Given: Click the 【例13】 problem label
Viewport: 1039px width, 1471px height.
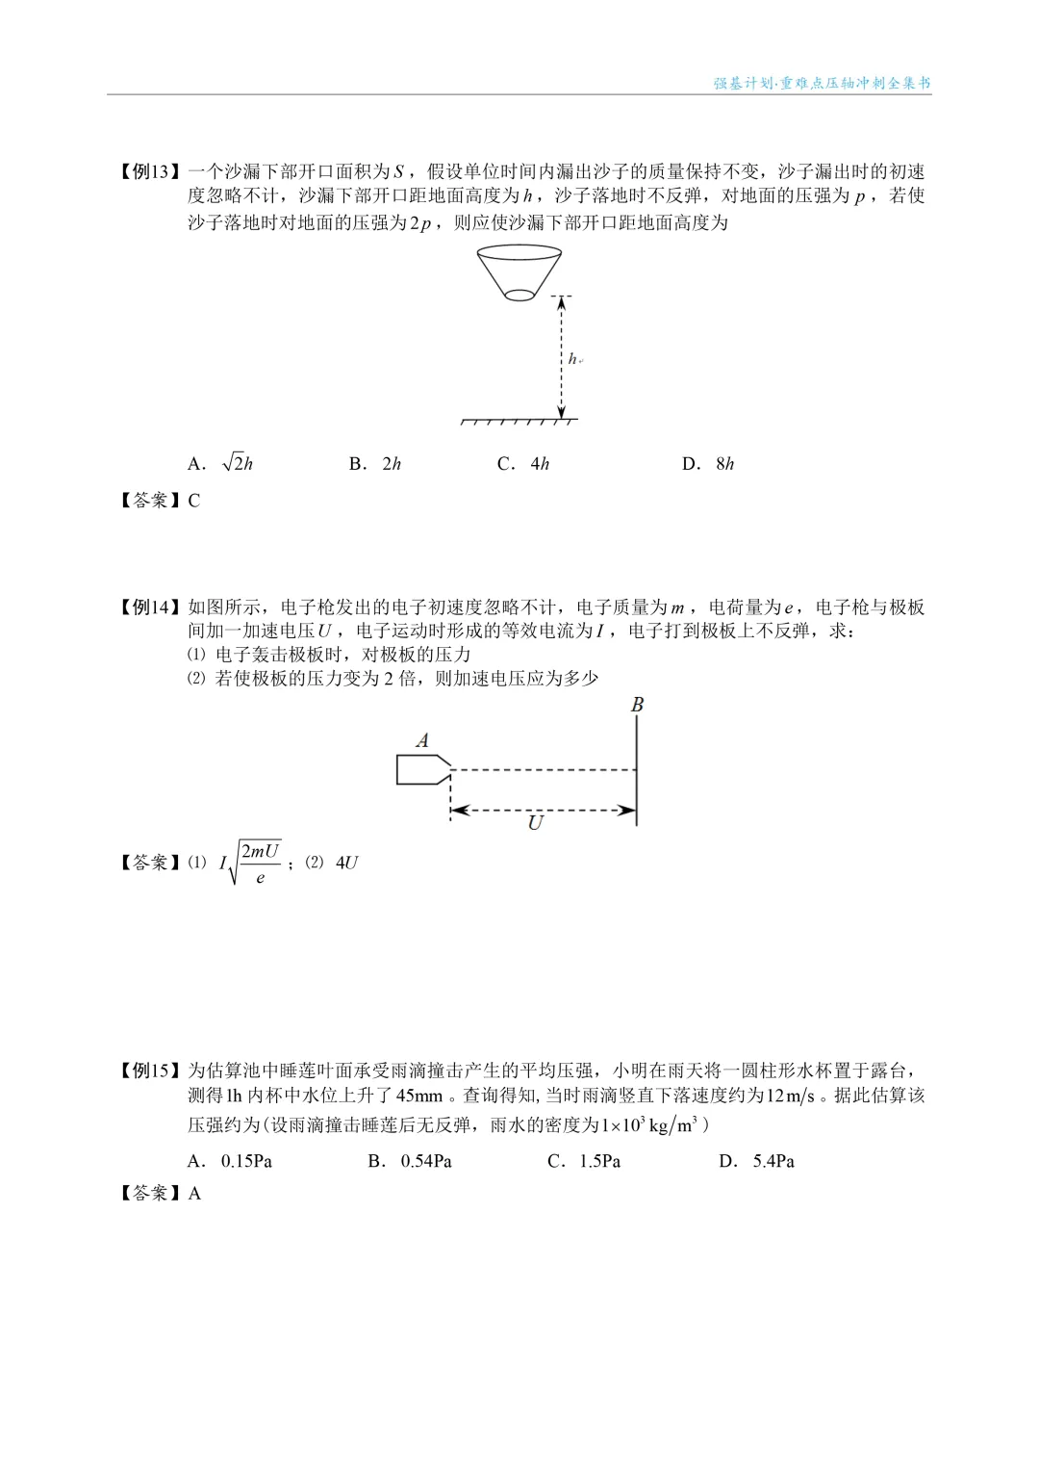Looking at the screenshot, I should (149, 172).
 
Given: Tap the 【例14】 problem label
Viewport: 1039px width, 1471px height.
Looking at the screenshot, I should (149, 607).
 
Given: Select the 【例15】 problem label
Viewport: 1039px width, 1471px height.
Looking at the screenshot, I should (149, 1071).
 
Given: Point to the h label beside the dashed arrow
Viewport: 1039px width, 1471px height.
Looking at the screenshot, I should (573, 359).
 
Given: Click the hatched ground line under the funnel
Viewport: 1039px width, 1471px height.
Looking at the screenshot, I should (519, 422).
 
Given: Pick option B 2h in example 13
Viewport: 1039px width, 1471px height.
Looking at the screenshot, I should (375, 464).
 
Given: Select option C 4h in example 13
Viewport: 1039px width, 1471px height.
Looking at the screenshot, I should (523, 464).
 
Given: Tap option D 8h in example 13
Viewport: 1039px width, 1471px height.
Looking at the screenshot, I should (708, 464).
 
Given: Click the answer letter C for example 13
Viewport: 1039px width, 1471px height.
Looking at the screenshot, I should (194, 501).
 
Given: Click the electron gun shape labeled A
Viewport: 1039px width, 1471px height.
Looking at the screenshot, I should (423, 769).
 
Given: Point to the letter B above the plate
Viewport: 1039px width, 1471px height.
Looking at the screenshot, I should (637, 705).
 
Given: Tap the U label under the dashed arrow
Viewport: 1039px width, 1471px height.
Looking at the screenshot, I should (536, 823).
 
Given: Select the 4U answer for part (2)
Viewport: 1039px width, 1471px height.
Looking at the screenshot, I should (346, 863).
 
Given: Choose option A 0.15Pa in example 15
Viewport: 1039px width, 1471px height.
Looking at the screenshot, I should (230, 1161).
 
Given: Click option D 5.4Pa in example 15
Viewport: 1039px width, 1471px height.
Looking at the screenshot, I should (757, 1161).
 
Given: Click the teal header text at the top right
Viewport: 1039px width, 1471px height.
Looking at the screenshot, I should (822, 83).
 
